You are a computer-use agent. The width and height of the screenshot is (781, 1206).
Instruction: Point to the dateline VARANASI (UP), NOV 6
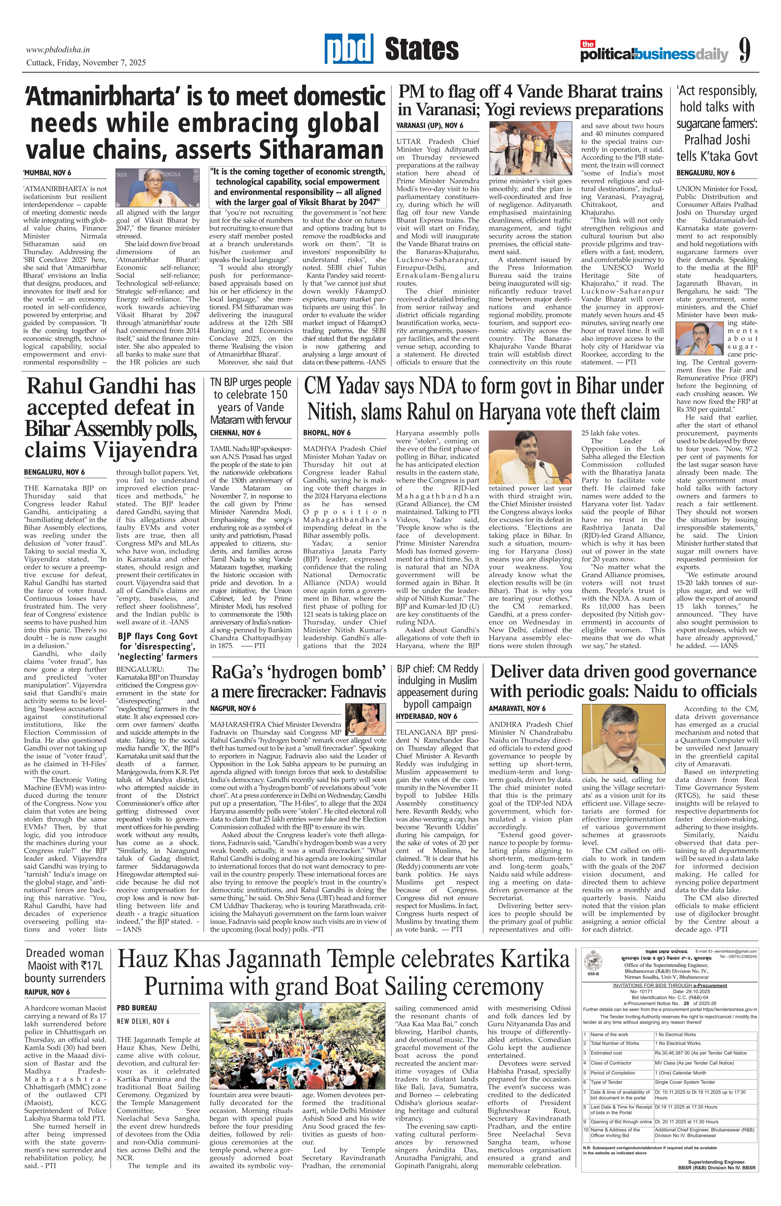pyautogui.click(x=430, y=126)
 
